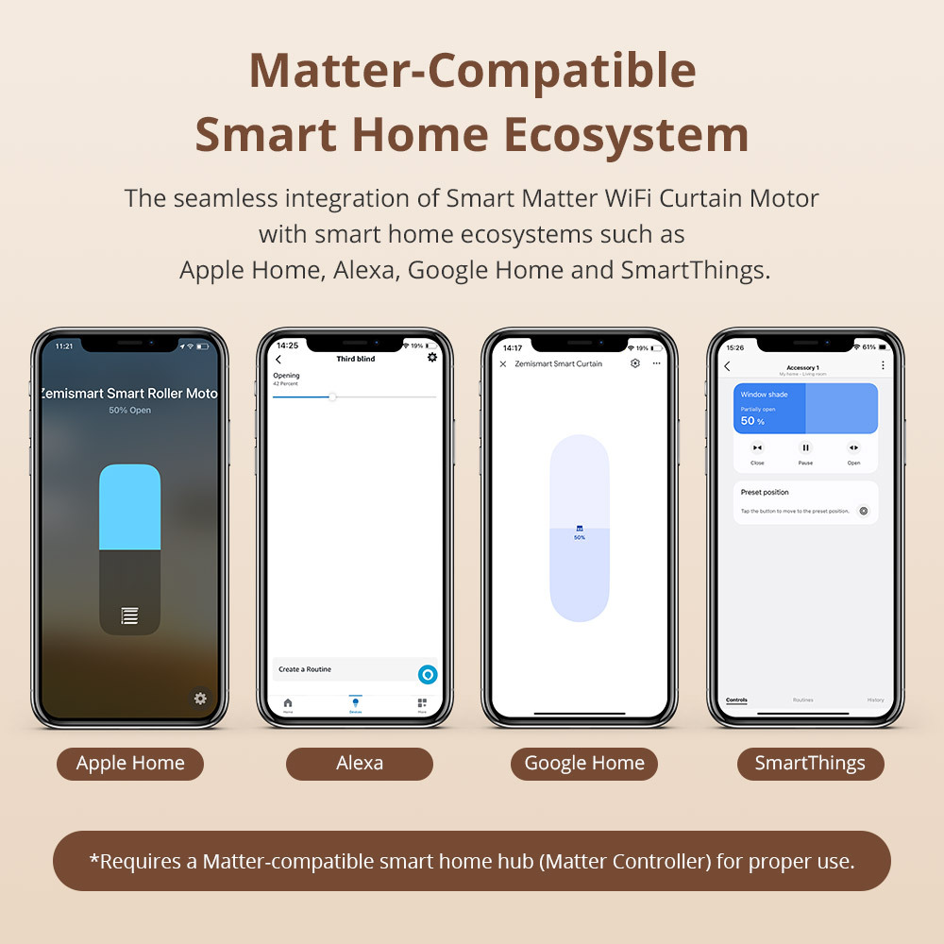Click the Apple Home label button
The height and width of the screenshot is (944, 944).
point(130,764)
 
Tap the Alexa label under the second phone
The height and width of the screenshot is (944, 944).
point(360,764)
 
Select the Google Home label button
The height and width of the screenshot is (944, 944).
point(584,764)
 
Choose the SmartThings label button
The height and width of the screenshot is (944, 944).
point(810,764)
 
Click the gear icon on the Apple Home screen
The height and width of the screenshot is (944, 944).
point(200,699)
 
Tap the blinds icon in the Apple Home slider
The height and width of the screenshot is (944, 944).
point(129,616)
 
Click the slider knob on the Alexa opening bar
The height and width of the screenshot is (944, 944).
point(332,396)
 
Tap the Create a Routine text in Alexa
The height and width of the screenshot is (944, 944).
point(305,669)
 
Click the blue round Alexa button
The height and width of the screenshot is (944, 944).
point(428,674)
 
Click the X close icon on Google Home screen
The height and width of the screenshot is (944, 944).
point(503,363)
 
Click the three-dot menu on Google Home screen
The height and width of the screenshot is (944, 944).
point(656,363)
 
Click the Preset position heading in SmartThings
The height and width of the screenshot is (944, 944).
point(765,492)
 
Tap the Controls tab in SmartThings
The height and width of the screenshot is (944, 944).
point(736,700)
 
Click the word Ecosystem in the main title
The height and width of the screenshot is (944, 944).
point(627,134)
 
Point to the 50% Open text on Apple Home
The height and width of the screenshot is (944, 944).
point(129,411)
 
